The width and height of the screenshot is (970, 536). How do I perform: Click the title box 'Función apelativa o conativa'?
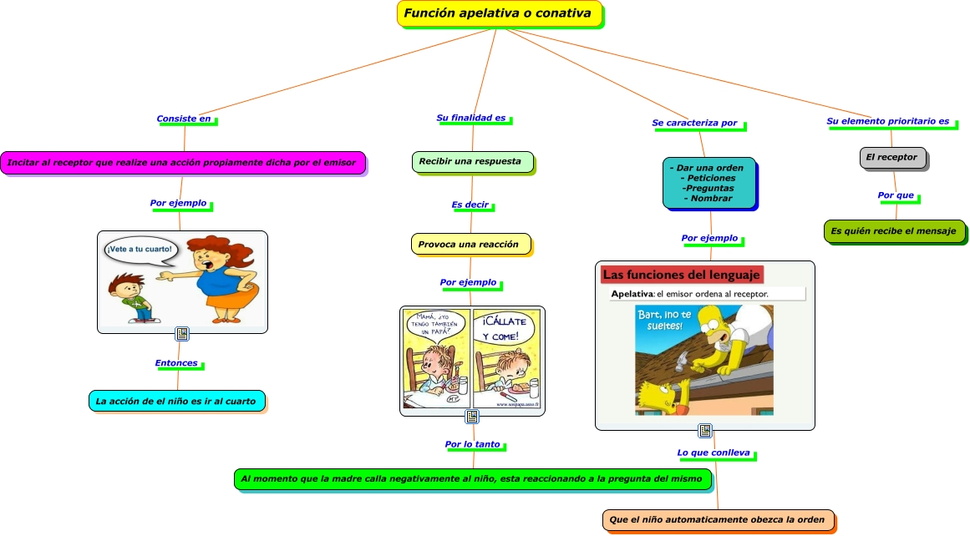coord(498,13)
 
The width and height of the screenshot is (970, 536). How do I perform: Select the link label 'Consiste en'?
coord(185,119)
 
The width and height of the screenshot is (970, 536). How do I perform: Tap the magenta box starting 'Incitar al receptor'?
coord(183,163)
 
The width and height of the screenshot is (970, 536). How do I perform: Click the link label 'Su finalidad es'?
coord(472,119)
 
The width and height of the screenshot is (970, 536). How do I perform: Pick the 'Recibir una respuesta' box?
coord(472,161)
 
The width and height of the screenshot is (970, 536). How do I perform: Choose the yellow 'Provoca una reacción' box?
coord(470,244)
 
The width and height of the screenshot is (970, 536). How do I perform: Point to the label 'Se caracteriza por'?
coord(696,124)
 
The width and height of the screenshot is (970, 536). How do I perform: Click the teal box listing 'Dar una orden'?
coord(708,182)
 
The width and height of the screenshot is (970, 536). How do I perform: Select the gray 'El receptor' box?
coord(892,157)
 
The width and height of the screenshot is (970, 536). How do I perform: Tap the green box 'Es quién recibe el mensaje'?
coord(894,230)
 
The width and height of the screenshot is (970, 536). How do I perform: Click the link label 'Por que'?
coord(896,195)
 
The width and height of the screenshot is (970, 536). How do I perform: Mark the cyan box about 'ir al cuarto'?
coord(176,401)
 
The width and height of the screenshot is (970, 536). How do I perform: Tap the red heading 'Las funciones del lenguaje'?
coord(681,275)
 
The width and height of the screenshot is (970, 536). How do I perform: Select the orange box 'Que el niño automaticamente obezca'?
coord(718,519)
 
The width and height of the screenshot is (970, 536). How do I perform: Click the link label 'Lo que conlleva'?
coord(714,453)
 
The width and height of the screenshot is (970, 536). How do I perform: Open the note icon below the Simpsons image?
coord(705,431)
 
